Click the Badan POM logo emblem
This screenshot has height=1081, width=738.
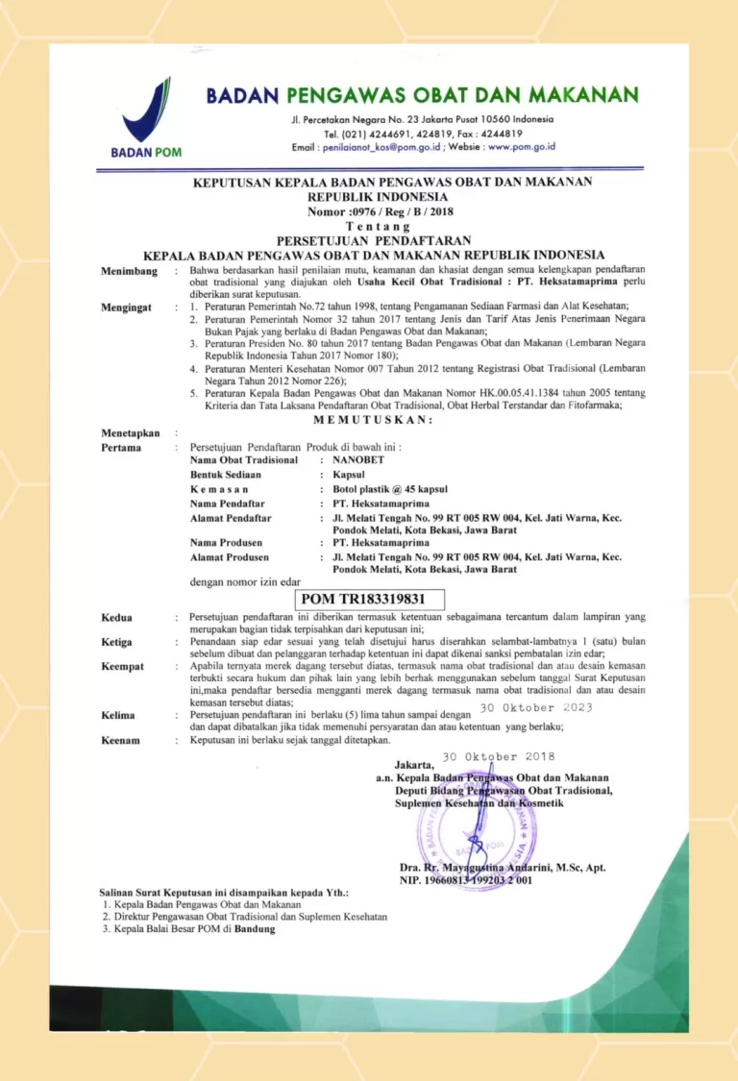(145, 112)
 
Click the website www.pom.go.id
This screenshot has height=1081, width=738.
(522, 147)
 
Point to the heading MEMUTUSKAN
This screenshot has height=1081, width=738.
(374, 419)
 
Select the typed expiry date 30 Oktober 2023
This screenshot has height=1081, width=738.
(536, 708)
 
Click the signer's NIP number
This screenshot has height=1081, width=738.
(465, 880)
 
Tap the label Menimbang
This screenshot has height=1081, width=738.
(130, 273)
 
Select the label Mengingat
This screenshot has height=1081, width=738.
(128, 308)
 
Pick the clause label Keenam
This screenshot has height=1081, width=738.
(120, 741)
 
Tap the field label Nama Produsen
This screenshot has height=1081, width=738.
(227, 543)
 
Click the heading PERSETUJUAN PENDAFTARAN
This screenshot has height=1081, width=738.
(368, 240)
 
